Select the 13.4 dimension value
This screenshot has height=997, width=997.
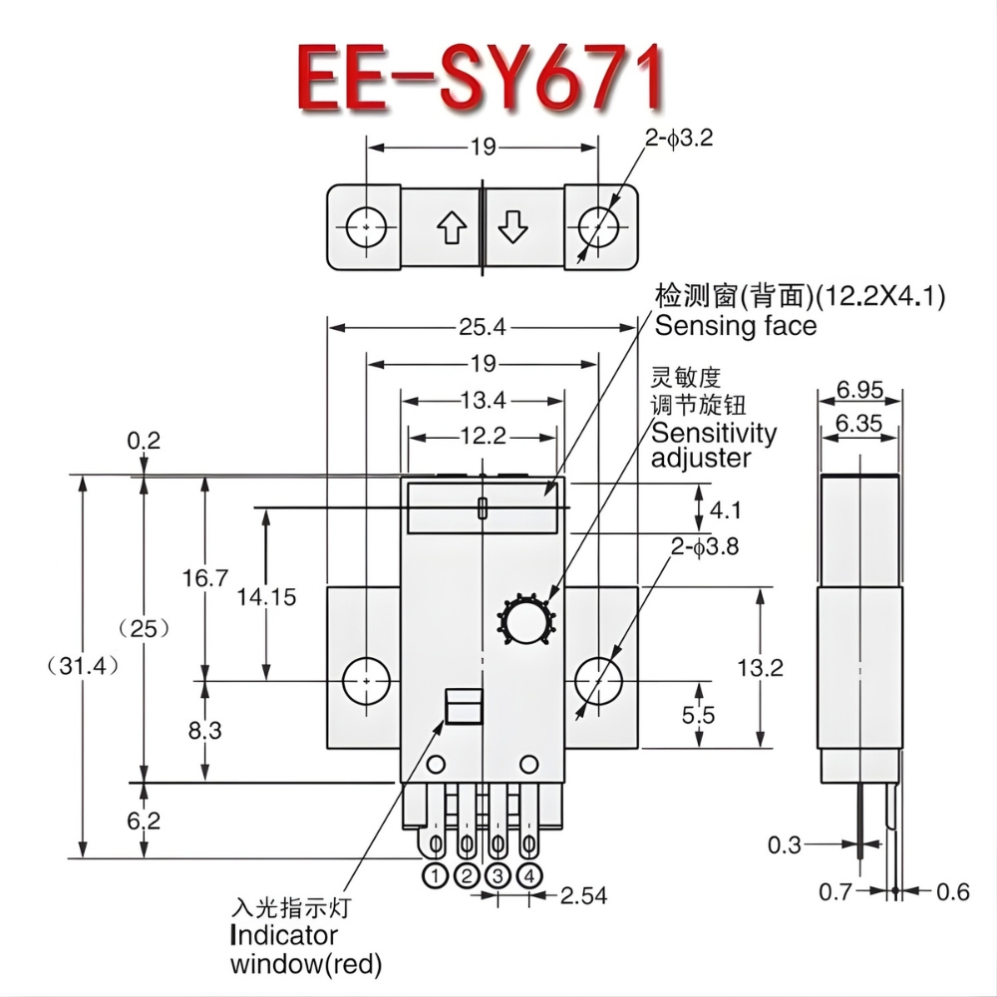pyautogui.click(x=484, y=401)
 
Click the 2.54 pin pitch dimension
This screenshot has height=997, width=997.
pyautogui.click(x=583, y=894)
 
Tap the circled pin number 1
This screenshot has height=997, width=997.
pyautogui.click(x=436, y=876)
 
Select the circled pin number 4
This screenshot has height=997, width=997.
pyautogui.click(x=530, y=876)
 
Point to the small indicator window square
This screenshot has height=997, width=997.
pyautogui.click(x=462, y=706)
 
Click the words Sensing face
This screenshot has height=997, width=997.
pyautogui.click(x=735, y=326)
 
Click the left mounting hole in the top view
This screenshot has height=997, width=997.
pyautogui.click(x=367, y=226)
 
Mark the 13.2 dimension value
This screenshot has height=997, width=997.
pyautogui.click(x=790, y=667)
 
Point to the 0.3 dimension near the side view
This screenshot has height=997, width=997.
pyautogui.click(x=785, y=845)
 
